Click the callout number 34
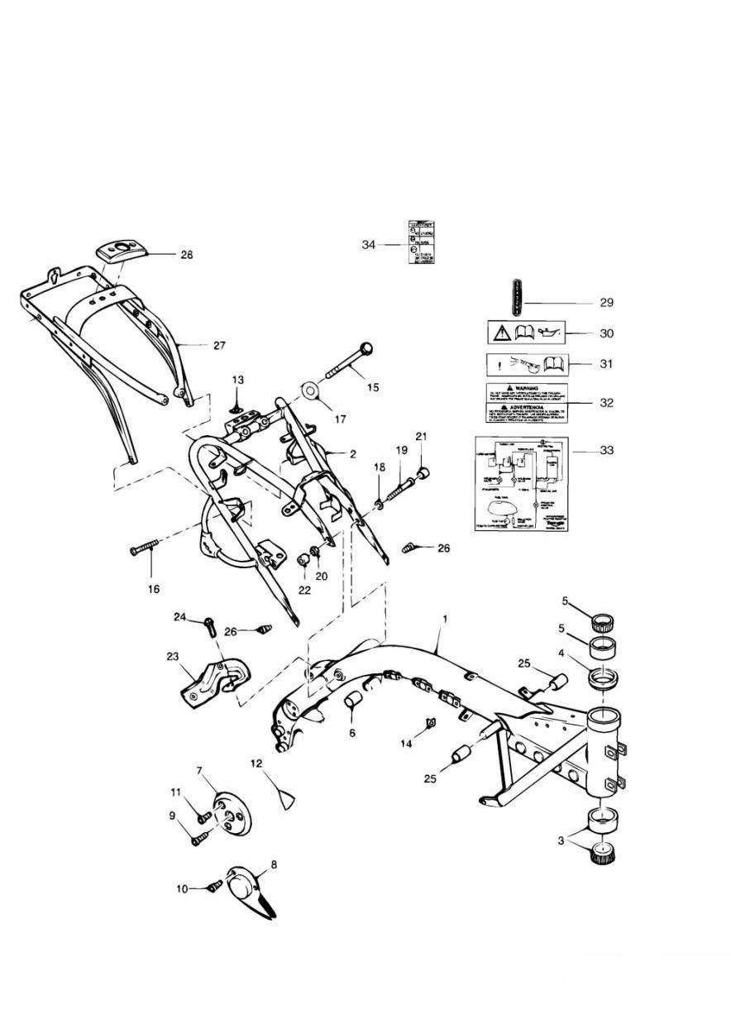coord(369,245)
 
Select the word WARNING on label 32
coord(527,387)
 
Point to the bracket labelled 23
coord(208,679)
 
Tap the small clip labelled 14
coord(432,725)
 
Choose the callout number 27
coord(218,346)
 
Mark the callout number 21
coord(421,436)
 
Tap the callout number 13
coord(238,380)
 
